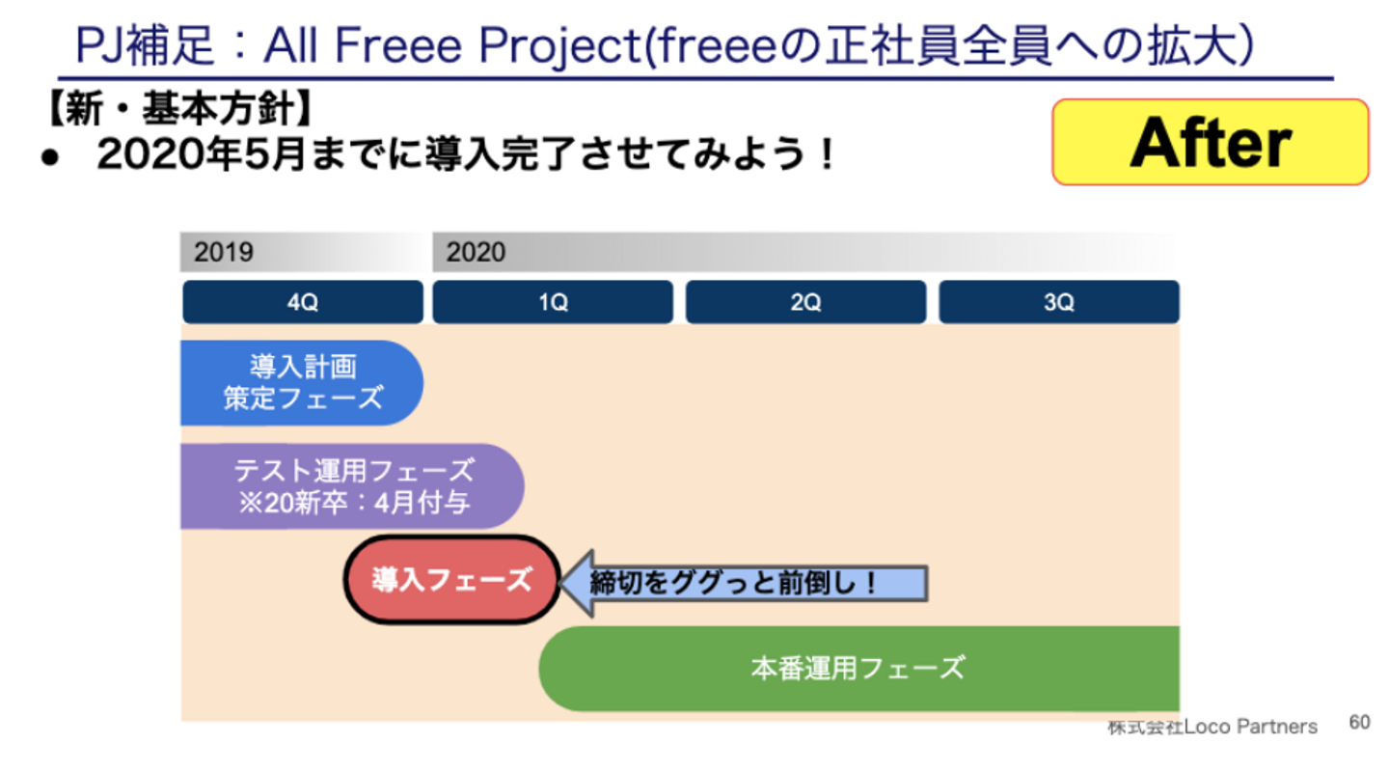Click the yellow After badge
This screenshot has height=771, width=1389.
click(x=1210, y=142)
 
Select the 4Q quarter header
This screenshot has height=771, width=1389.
click(x=302, y=302)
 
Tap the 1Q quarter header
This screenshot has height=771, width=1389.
click(x=553, y=302)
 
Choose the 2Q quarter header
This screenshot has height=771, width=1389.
click(x=805, y=302)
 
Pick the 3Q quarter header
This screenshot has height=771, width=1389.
click(x=1058, y=302)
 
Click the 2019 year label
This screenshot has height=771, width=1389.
click(x=224, y=253)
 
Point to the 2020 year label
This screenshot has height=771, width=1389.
click(x=476, y=253)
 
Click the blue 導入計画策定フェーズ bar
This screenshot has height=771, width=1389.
click(x=301, y=382)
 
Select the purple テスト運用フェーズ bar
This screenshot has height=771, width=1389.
click(x=352, y=486)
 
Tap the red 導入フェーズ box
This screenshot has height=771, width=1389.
click(x=451, y=580)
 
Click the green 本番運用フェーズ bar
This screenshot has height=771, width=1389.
click(x=858, y=668)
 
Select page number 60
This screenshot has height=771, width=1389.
click(x=1359, y=722)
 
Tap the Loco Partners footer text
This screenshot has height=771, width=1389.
click(x=1212, y=726)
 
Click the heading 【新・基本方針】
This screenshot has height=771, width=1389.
click(x=177, y=111)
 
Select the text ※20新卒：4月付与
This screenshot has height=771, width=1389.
click(x=354, y=504)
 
